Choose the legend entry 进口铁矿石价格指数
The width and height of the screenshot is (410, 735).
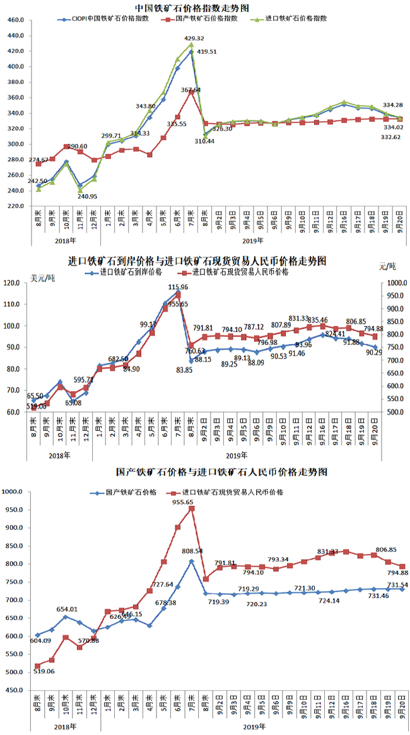(x=296, y=19)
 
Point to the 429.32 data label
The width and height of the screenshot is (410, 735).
(x=194, y=38)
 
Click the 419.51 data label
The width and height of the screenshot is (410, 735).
(x=209, y=52)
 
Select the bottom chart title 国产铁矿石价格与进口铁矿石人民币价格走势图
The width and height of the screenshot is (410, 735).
(x=205, y=471)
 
